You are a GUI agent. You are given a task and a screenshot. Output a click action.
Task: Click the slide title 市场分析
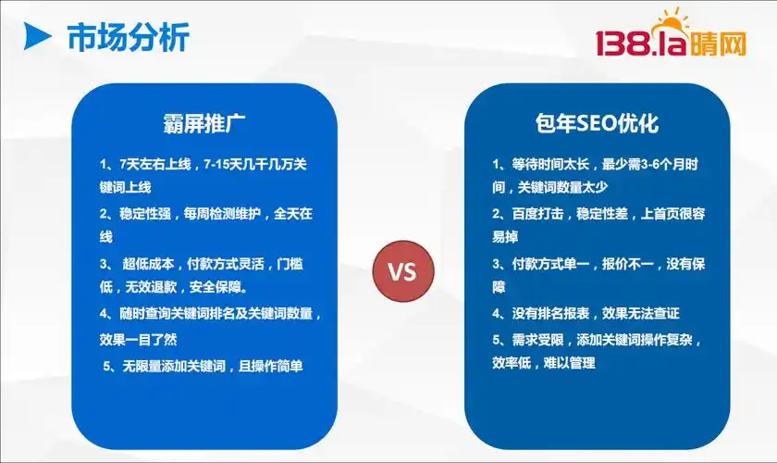[128, 38]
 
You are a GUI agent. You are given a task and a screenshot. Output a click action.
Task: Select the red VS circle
[401, 272]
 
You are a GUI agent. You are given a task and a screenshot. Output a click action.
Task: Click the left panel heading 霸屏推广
[203, 123]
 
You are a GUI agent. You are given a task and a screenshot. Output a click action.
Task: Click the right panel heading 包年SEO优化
[597, 123]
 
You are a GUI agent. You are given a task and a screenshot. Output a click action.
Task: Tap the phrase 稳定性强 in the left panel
[151, 214]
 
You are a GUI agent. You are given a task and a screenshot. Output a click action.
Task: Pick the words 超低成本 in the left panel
[153, 264]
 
